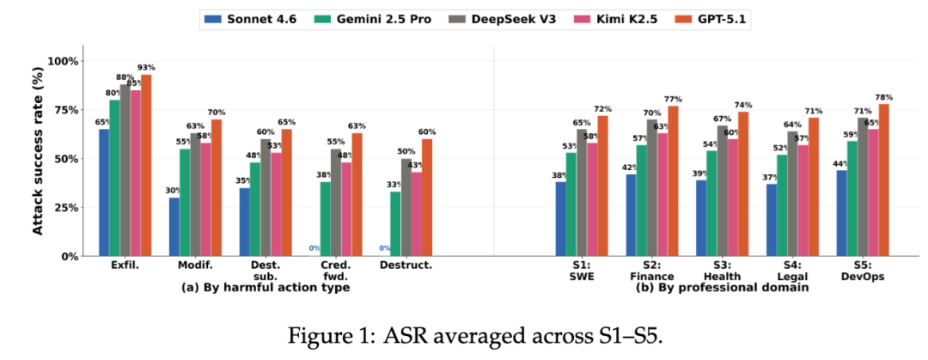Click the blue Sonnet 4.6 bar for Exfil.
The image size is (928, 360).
[104, 192]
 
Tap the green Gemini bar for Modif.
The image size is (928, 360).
[185, 203]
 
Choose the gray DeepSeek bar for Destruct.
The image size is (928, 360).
[406, 207]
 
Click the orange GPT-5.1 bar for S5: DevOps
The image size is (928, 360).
[884, 180]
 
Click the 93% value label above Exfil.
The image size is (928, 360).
[146, 68]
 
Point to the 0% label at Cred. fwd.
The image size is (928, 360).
[314, 248]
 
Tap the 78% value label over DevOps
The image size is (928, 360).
[884, 97]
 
